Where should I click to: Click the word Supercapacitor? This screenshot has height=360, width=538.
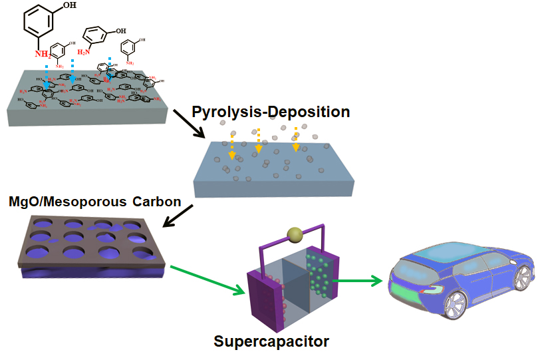(271, 342)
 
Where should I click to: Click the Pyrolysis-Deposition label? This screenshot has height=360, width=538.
(271, 112)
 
